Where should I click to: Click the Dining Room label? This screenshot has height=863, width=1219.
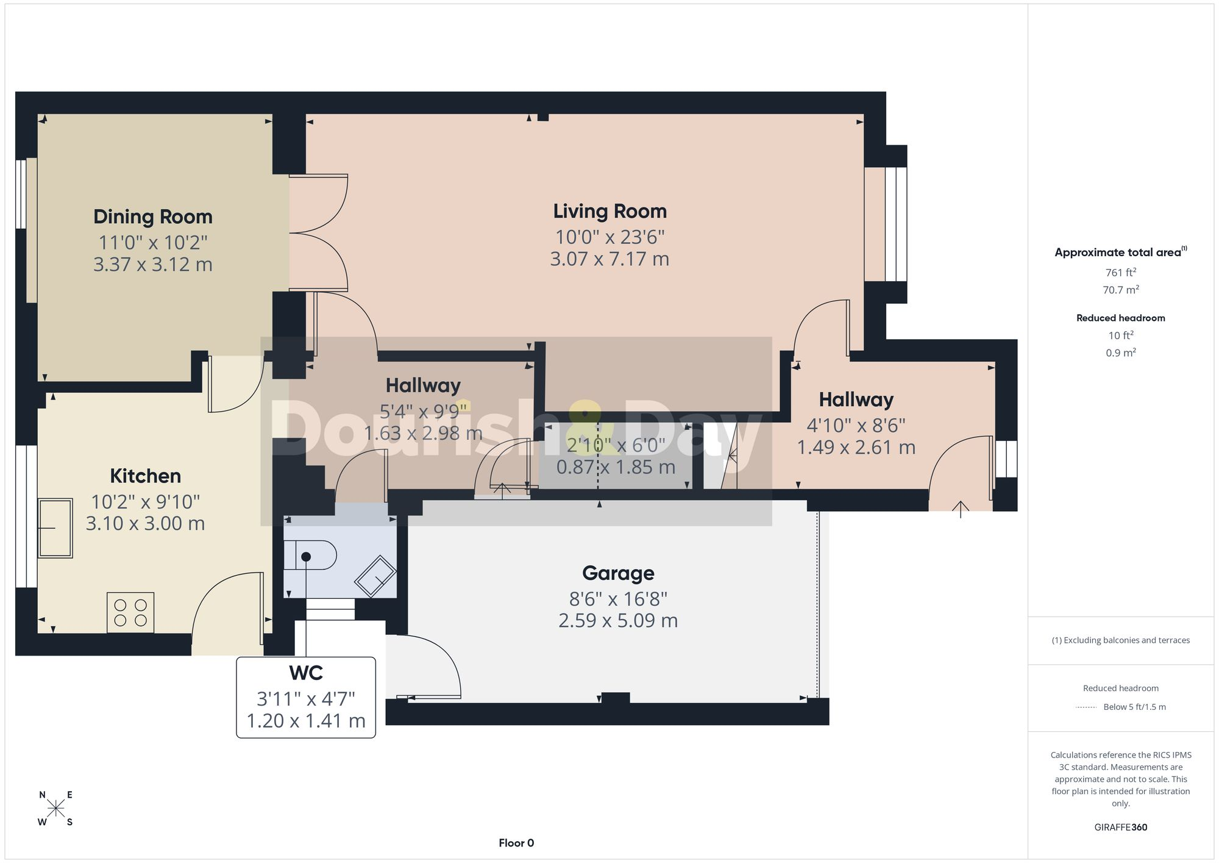point(153,217)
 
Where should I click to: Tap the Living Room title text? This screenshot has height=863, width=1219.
point(610,212)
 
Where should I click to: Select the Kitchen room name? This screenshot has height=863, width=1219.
point(145,476)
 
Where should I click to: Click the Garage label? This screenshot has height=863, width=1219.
point(618,573)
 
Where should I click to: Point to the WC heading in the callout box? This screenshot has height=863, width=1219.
point(306,673)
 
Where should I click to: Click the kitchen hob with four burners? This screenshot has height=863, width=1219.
point(130,612)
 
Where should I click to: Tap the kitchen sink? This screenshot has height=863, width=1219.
point(55,528)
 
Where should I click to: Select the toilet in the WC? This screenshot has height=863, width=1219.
point(310,554)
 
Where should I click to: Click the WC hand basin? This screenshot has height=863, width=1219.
point(375,576)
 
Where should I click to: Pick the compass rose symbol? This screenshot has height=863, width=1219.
point(56,809)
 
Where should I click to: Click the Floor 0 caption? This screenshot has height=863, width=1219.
point(516,843)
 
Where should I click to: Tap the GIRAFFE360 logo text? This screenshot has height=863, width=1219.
point(1121,827)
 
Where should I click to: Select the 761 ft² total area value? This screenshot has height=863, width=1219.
point(1121,273)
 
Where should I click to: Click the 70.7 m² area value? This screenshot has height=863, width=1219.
point(1121,290)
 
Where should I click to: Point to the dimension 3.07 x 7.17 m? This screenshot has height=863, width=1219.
point(609,259)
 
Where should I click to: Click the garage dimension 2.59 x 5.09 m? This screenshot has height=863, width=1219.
point(618,621)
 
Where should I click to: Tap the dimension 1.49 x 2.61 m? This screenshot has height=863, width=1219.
point(856,448)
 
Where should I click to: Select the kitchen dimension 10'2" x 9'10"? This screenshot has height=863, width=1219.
point(146,502)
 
